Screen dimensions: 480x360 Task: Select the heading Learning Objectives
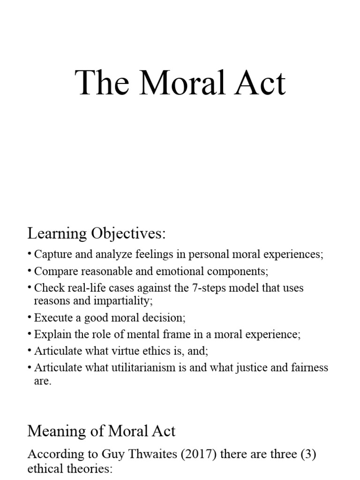click(97, 233)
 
